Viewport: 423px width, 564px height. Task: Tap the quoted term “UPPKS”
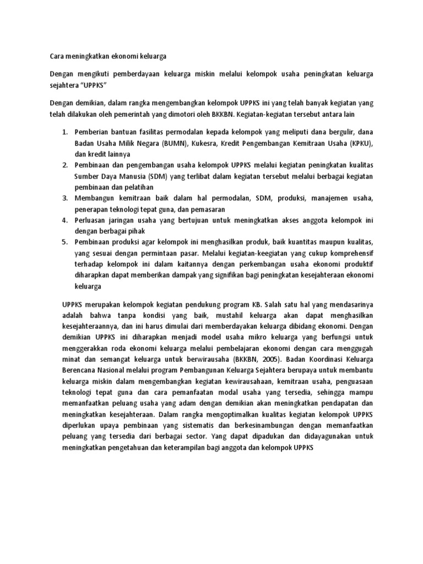93,86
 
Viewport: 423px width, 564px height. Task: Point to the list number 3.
64,198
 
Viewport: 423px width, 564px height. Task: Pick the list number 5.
64,242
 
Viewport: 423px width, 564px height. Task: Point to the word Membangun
96,198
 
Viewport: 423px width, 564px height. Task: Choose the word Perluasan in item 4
93,220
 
